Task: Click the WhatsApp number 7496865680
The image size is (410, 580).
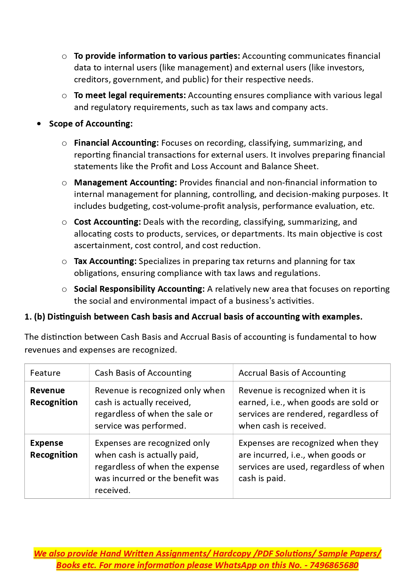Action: click(x=334, y=565)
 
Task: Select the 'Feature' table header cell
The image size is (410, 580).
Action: click(x=45, y=373)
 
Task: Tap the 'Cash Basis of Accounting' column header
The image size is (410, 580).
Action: click(x=143, y=373)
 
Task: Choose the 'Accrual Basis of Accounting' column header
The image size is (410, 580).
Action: click(x=292, y=373)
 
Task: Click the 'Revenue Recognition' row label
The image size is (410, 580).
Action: click(x=54, y=396)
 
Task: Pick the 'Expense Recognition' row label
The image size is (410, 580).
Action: click(x=54, y=449)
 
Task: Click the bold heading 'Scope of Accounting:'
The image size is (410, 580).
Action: click(x=91, y=124)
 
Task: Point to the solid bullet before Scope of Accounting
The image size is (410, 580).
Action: click(x=39, y=124)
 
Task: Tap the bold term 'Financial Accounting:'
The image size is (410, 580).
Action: click(x=116, y=143)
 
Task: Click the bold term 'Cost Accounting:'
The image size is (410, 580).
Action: click(x=107, y=222)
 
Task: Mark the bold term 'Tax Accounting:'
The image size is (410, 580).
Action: click(x=105, y=261)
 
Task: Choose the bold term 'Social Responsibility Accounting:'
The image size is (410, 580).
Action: click(x=139, y=289)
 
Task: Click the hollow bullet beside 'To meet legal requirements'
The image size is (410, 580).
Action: click(x=64, y=96)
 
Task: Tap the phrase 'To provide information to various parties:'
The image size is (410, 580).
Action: click(x=157, y=56)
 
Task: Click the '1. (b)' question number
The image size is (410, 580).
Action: click(x=35, y=317)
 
